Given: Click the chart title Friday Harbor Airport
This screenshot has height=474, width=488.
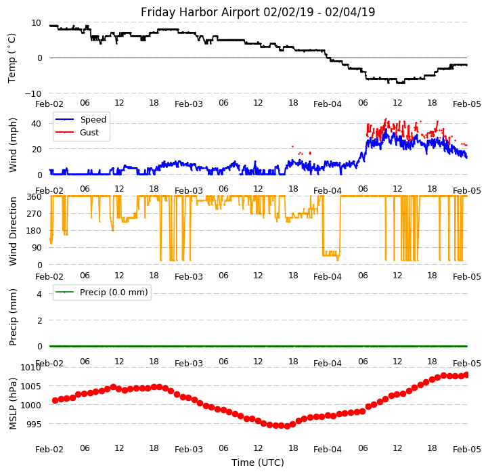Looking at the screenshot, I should pyautogui.click(x=258, y=12).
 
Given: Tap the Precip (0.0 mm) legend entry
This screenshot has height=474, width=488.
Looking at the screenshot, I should pyautogui.click(x=109, y=293).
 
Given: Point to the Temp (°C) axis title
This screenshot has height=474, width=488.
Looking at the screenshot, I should pyautogui.click(x=12, y=58).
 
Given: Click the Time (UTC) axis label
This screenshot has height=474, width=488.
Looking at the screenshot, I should pyautogui.click(x=258, y=462).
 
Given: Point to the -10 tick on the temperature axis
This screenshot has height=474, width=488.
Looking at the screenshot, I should pyautogui.click(x=35, y=93).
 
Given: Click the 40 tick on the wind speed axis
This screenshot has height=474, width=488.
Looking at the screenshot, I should pyautogui.click(x=38, y=123).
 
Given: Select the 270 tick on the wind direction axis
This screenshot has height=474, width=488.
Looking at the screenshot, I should pyautogui.click(x=34, y=213).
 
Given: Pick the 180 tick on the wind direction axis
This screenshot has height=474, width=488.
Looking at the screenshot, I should pyautogui.click(x=34, y=231).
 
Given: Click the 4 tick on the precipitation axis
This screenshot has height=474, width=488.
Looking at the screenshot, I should pyautogui.click(x=39, y=294).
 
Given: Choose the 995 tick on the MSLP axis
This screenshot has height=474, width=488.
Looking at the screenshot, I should pyautogui.click(x=33, y=424).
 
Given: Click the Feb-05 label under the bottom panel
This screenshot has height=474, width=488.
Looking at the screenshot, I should pyautogui.click(x=467, y=449).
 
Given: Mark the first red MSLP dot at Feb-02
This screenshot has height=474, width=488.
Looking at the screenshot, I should pyautogui.click(x=55, y=400).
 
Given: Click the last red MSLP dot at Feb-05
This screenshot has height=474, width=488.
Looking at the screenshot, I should pyautogui.click(x=466, y=374).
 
